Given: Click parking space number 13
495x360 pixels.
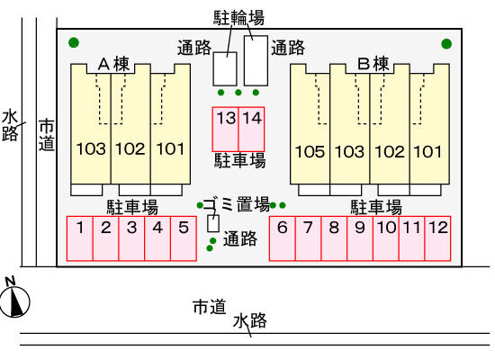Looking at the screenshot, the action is [225, 130].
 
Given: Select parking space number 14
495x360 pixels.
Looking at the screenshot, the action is [251, 130].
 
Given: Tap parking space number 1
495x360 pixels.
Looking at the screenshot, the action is [80, 238].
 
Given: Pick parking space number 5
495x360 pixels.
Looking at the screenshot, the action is [184, 238].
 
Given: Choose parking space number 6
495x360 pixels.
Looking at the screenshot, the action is [283, 238].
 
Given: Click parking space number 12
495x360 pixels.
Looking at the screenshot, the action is [437, 238].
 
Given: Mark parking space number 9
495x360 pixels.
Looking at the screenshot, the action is [360, 238].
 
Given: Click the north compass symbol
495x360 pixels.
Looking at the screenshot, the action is [13, 299].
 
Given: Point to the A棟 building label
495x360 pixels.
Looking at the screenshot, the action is [113, 64].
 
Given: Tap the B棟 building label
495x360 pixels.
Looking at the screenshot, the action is [373, 64].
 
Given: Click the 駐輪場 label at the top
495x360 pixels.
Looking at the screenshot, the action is [239, 18].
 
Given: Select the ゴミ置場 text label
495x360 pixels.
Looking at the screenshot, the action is [236, 204].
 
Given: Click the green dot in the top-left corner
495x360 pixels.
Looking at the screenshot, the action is [74, 42].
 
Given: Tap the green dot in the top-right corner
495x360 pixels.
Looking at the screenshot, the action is [446, 43].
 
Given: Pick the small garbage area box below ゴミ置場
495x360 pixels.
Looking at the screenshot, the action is [213, 223].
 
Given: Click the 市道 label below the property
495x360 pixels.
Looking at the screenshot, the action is [210, 307].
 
